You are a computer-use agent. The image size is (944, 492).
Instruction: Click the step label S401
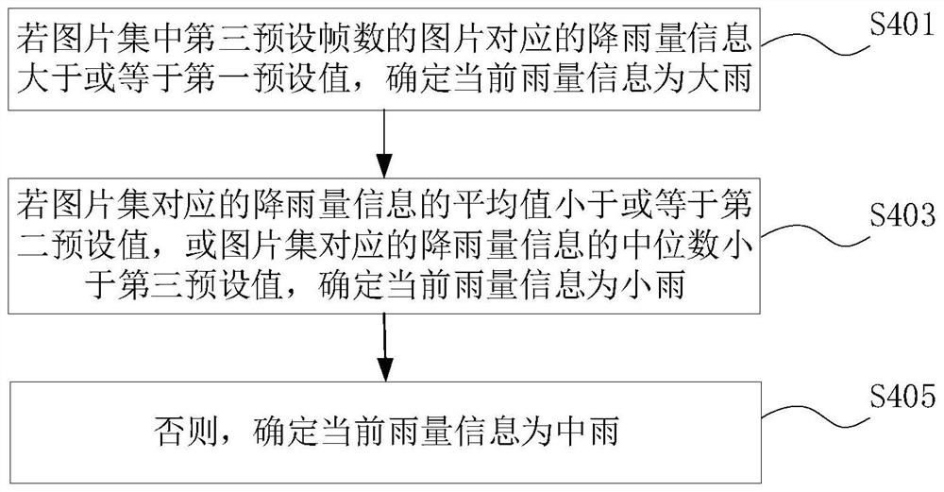tap(902, 25)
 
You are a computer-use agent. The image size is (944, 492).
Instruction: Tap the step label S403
tap(902, 214)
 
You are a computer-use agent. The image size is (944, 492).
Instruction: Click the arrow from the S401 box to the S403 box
tap(384, 144)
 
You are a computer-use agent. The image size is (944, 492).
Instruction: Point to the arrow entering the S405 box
tap(384, 348)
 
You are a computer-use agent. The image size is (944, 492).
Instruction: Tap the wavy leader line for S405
tap(817, 415)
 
